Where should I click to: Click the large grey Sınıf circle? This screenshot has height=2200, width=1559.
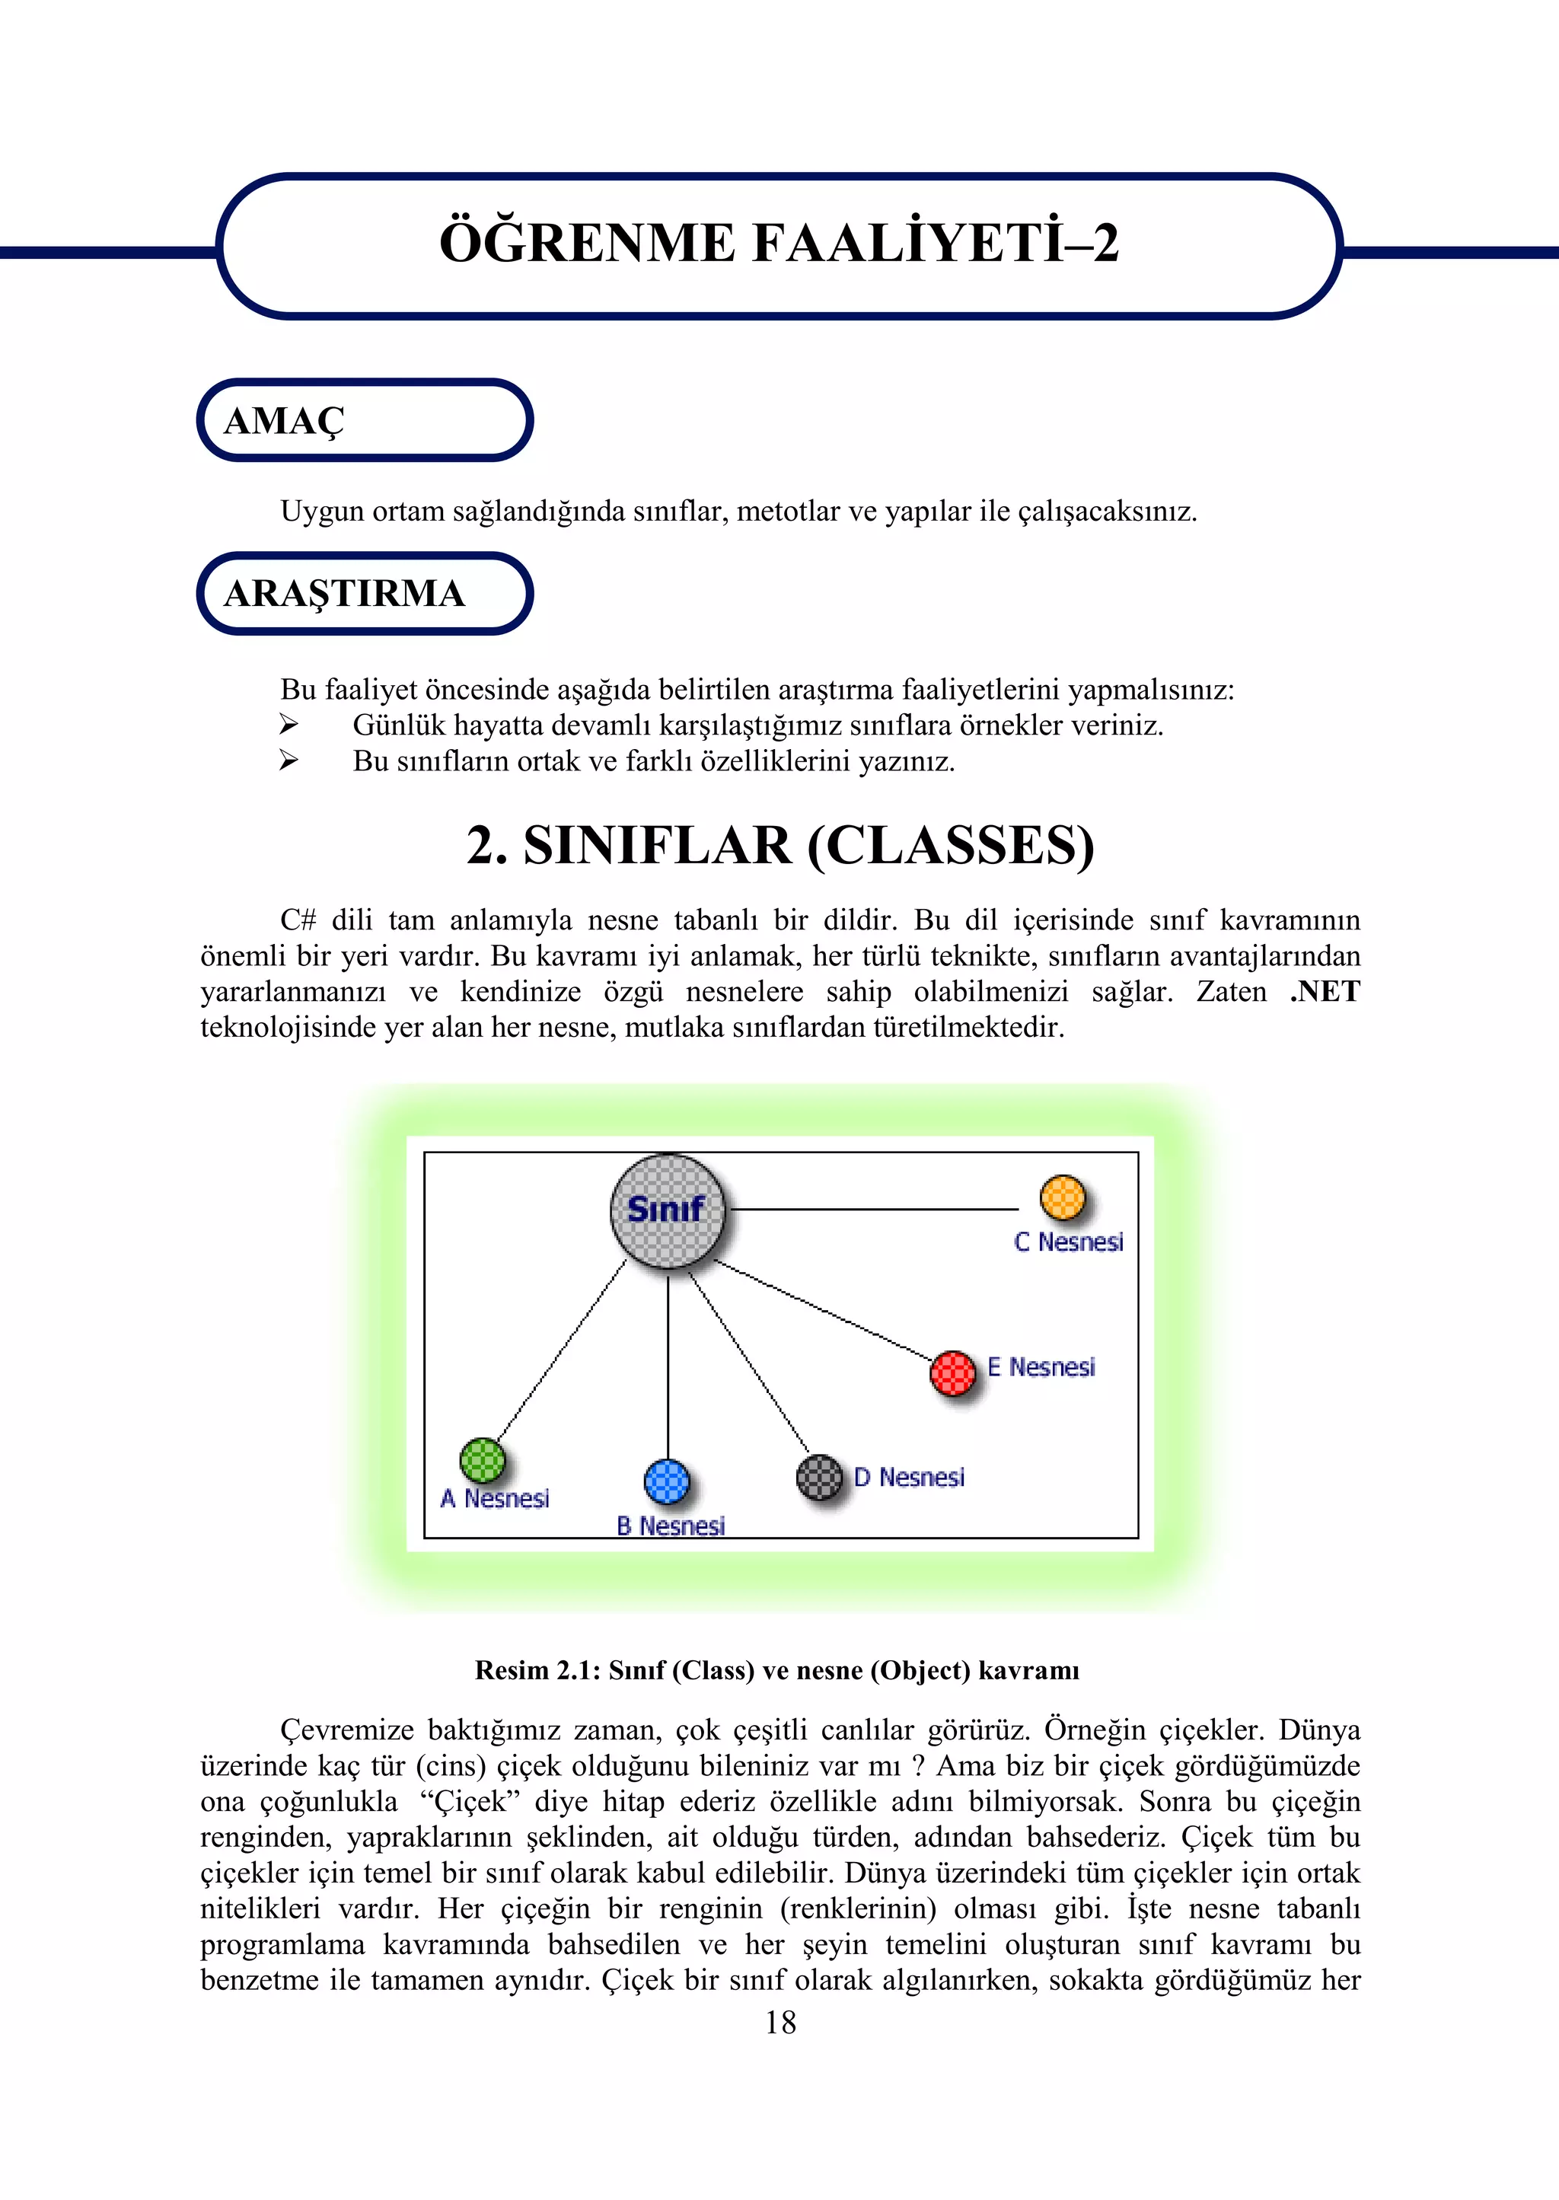click(668, 1211)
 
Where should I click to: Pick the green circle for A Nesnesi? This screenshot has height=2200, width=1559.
click(483, 1461)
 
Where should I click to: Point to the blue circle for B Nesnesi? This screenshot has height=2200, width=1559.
click(667, 1481)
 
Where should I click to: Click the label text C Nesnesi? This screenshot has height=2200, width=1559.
click(1069, 1242)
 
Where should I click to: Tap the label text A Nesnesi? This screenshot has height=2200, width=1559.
click(496, 1498)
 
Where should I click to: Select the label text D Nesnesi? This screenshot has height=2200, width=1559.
click(909, 1478)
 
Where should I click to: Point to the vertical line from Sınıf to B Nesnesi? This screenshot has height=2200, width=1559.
click(668, 1363)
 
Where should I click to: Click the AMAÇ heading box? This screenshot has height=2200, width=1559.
click(365, 420)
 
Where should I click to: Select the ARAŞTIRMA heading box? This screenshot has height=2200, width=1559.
click(365, 593)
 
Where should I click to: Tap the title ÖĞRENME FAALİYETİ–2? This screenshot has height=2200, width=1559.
click(779, 243)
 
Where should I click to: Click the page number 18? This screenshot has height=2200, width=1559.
click(780, 2023)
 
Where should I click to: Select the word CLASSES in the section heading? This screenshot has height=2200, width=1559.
click(950, 846)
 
